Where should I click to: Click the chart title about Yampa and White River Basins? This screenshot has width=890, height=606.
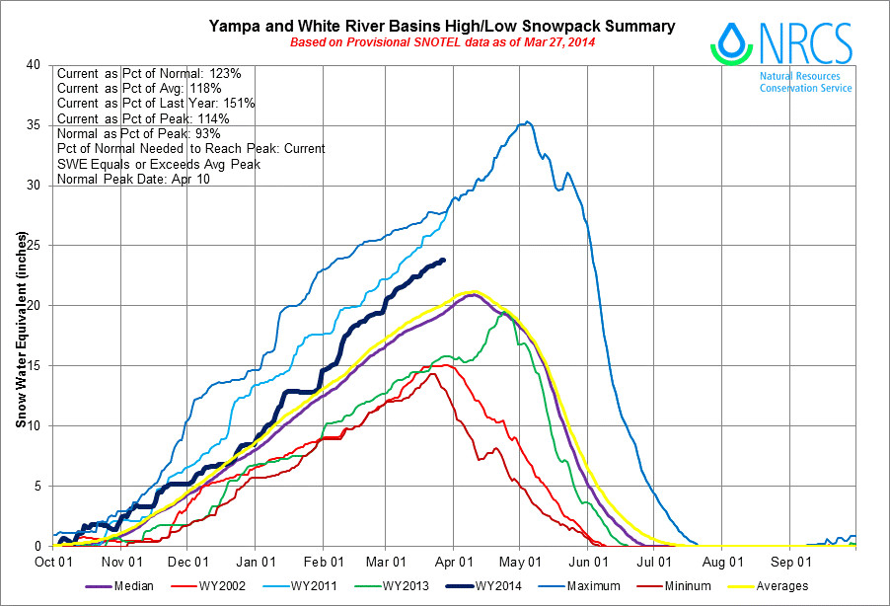(x=442, y=27)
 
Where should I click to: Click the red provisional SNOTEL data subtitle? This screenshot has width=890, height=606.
(x=442, y=42)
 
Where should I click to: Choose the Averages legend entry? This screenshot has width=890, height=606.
(x=782, y=586)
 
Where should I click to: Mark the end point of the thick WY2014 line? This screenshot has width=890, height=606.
(x=443, y=260)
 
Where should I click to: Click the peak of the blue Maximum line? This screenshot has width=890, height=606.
(x=529, y=122)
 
